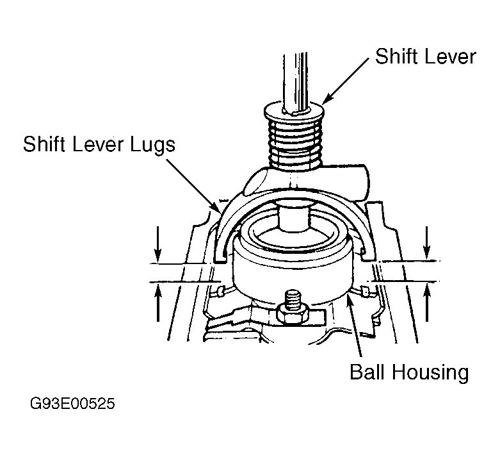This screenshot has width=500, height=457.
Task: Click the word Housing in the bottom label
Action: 430,373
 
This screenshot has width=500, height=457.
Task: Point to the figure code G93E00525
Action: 72,404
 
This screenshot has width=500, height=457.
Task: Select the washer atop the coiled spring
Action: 294,112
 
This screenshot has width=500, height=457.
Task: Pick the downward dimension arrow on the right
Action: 427,242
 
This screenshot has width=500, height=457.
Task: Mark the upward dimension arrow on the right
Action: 427,303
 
